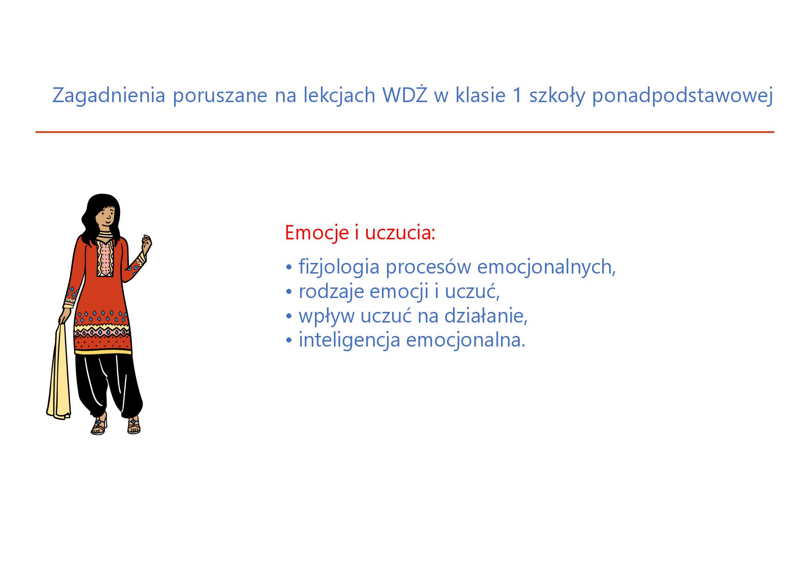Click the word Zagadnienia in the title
click(x=109, y=96)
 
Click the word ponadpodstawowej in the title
click(x=682, y=96)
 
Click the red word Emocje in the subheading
click(x=317, y=233)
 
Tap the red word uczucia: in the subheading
click(x=400, y=233)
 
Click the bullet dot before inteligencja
click(x=289, y=341)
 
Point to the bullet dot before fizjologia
click(x=289, y=268)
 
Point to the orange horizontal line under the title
click(x=405, y=132)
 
